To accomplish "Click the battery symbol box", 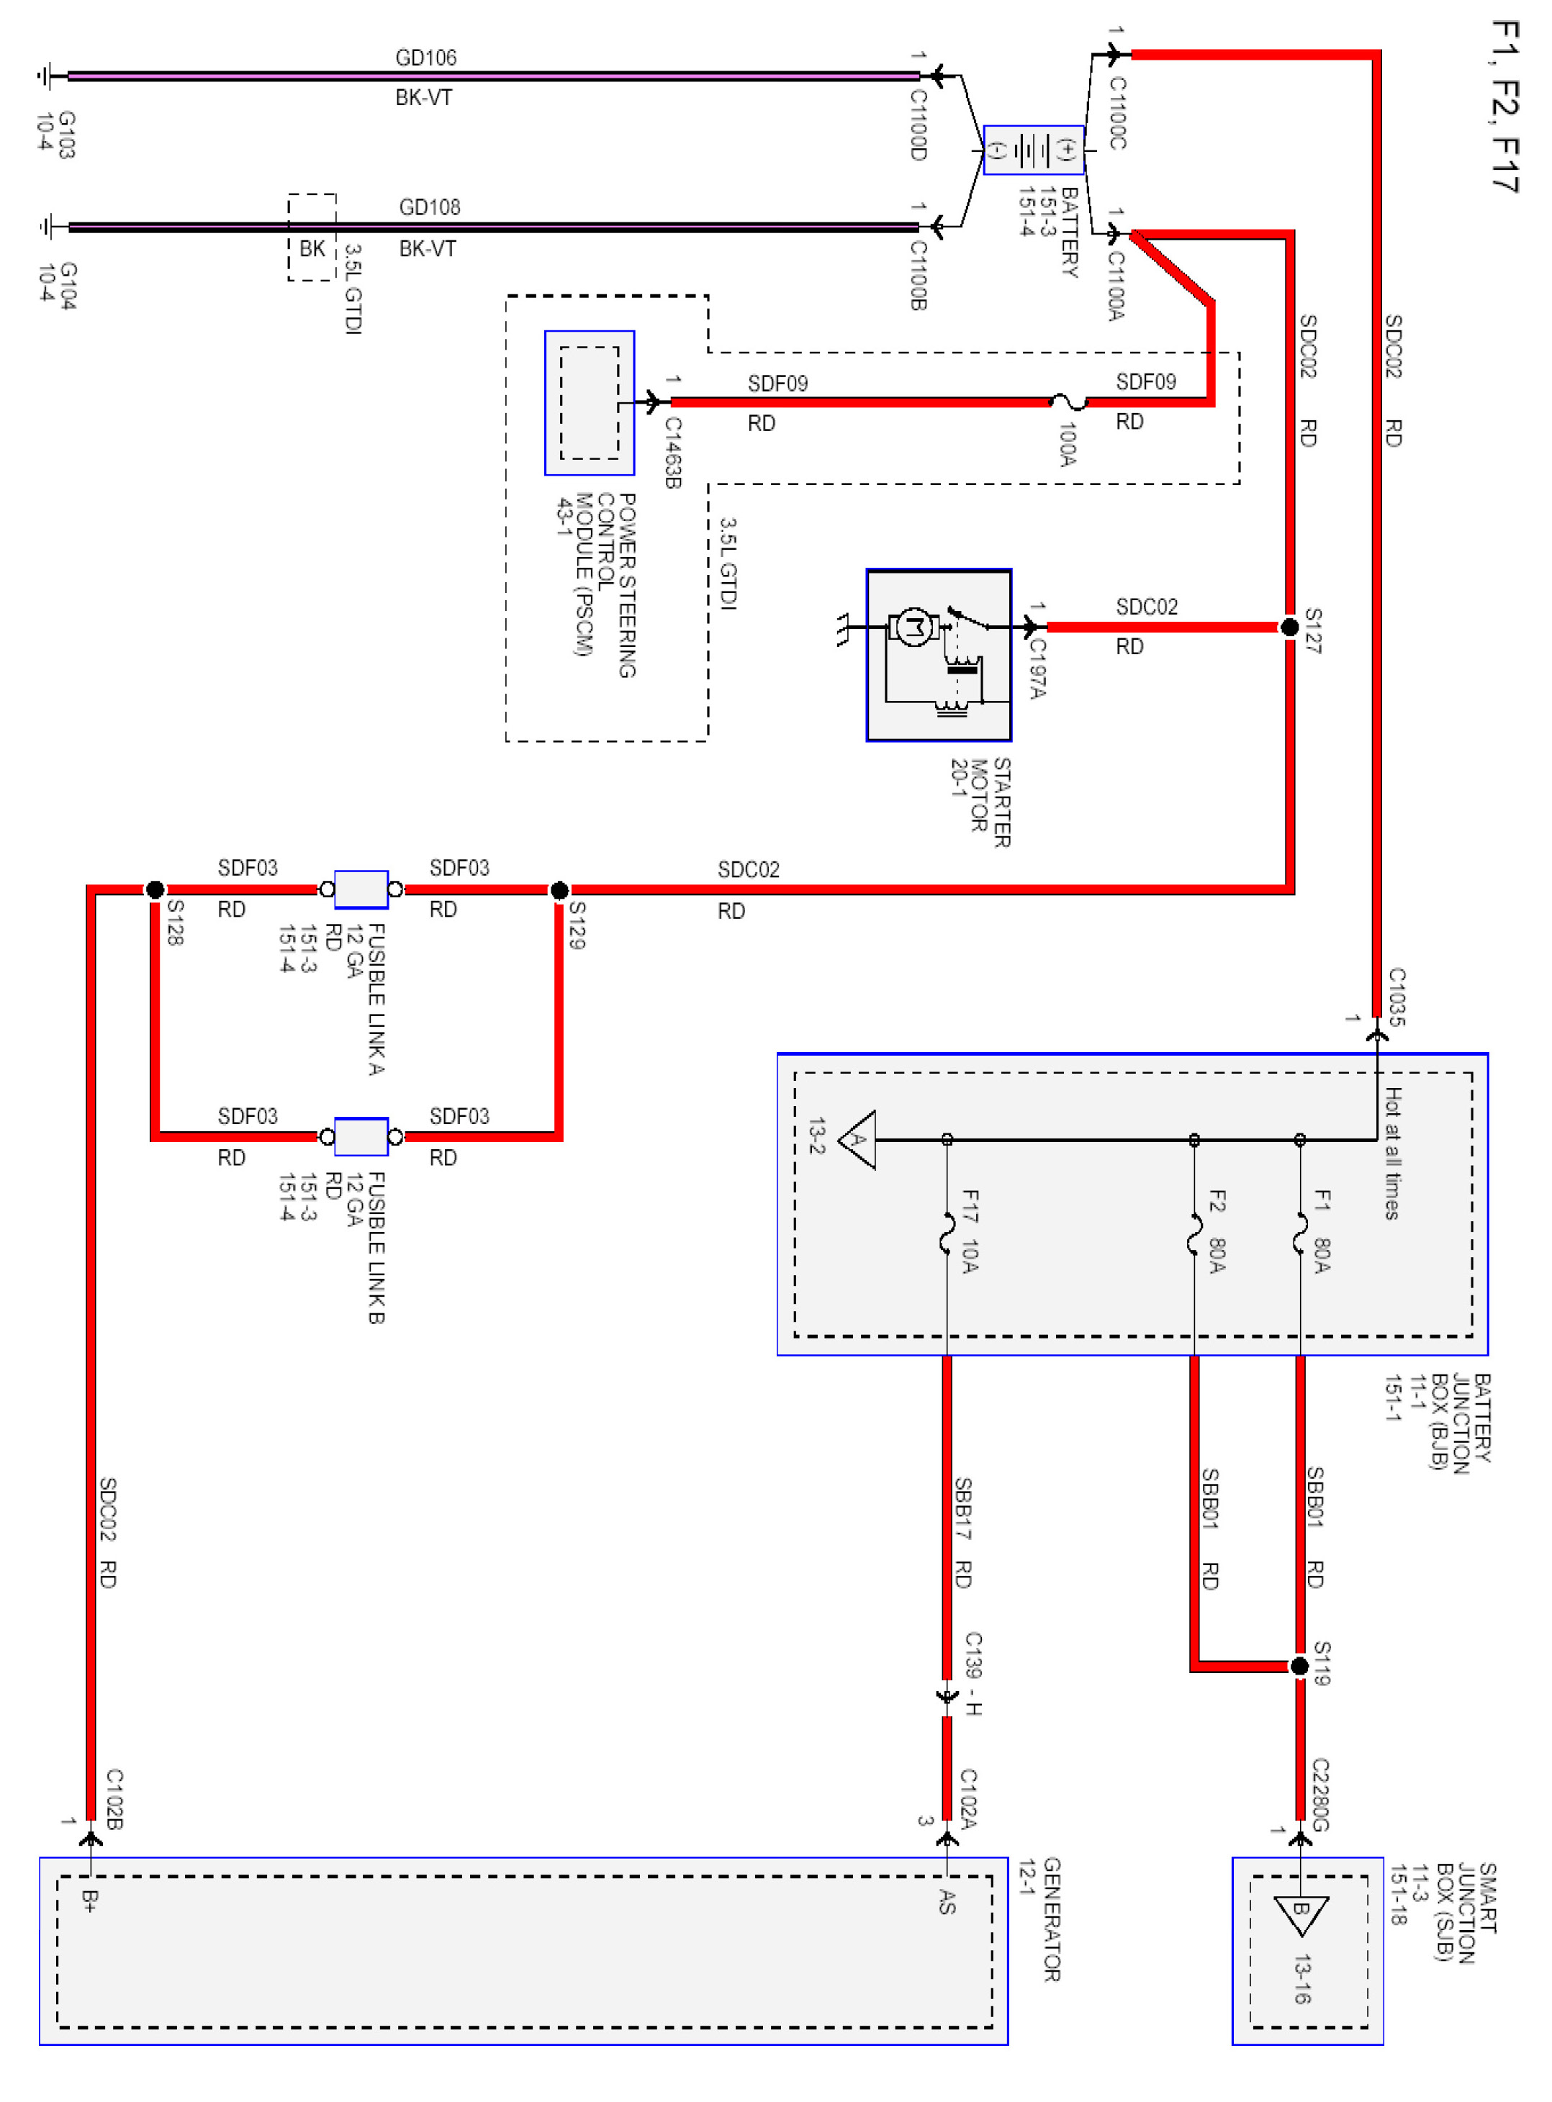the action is pyautogui.click(x=1034, y=150).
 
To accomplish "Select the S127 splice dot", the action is pyautogui.click(x=1290, y=627).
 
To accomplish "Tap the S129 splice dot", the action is pyautogui.click(x=559, y=889).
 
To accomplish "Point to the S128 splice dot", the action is pyautogui.click(x=155, y=889).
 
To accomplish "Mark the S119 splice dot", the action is pyautogui.click(x=1299, y=1666).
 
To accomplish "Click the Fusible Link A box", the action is pyautogui.click(x=361, y=889).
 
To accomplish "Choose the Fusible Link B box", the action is pyautogui.click(x=361, y=1136).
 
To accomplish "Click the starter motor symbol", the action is pyautogui.click(x=939, y=655).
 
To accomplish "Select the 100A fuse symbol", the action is pyautogui.click(x=1068, y=402).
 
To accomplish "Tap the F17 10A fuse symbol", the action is pyautogui.click(x=947, y=1233).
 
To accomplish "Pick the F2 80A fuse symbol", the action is pyautogui.click(x=1194, y=1233).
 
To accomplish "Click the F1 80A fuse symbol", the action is pyautogui.click(x=1300, y=1233).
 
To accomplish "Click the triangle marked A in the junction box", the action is pyautogui.click(x=857, y=1140).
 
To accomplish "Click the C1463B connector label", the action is pyautogui.click(x=672, y=453).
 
